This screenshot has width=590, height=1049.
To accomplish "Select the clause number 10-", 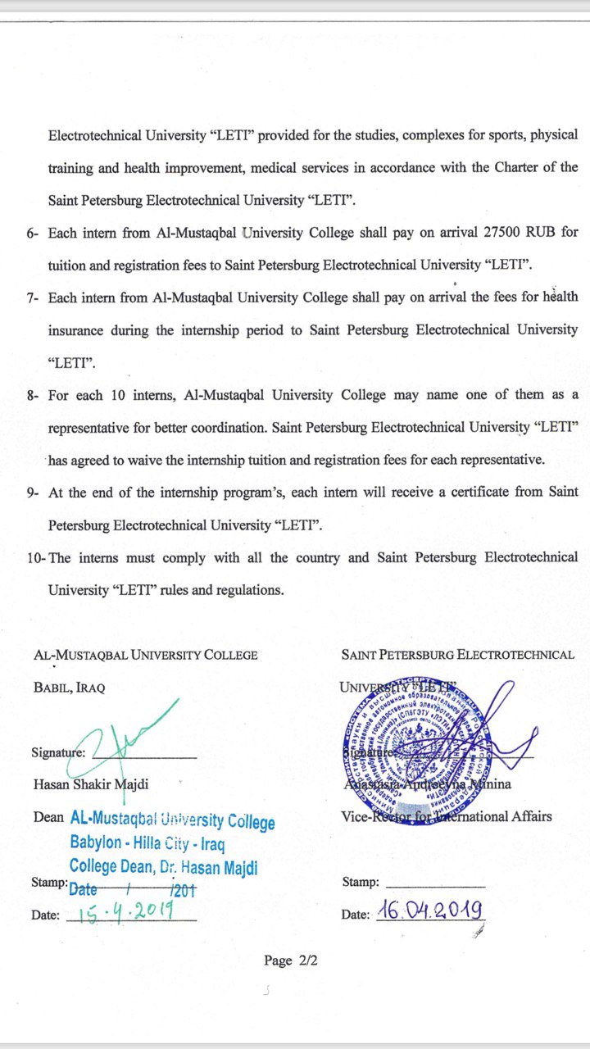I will click(37, 559).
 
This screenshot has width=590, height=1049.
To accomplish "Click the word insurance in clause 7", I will click(75, 330).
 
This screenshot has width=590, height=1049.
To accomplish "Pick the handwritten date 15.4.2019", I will click(124, 912).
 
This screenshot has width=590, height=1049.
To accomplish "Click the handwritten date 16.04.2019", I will click(429, 910).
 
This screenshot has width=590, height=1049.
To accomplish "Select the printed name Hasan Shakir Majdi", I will click(91, 784).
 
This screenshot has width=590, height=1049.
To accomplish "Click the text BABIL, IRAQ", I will click(70, 688).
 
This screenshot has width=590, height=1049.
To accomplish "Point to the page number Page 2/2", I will click(290, 960).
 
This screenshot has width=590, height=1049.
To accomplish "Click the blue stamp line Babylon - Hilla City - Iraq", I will click(147, 842).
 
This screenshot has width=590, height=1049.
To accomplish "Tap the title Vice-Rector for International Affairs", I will click(447, 816).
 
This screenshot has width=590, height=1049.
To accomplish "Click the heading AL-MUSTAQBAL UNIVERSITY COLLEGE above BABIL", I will click(146, 655).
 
